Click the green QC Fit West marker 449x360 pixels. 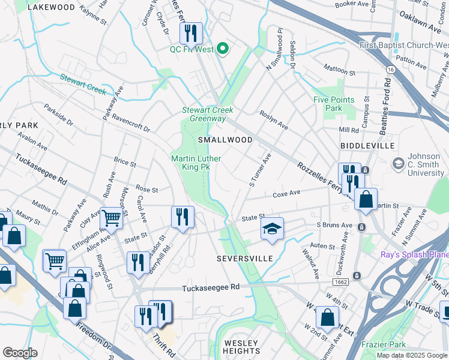pyautogui.click(x=223, y=49)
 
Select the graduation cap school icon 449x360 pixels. pyautogui.click(x=271, y=229)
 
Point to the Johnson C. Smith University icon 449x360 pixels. pyautogui.click(x=397, y=164)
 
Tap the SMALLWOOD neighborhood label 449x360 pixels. pyautogui.click(x=225, y=139)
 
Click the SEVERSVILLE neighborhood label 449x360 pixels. pyautogui.click(x=245, y=259)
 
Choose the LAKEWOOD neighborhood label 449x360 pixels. pyautogui.click(x=52, y=7)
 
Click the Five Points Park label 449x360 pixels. pyautogui.click(x=334, y=104)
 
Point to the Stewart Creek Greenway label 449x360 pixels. pyautogui.click(x=207, y=114)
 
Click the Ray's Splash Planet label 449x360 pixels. pyautogui.click(x=414, y=255)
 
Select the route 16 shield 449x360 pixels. pyautogui.click(x=391, y=70)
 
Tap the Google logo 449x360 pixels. pyautogui.click(x=20, y=353)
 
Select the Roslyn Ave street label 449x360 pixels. pyautogui.click(x=273, y=120)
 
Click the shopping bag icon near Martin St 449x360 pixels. pyautogui.click(x=365, y=200)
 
